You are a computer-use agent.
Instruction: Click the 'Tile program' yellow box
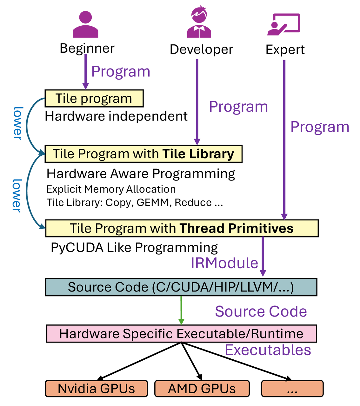[94, 98]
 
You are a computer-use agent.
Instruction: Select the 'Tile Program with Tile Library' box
[143, 154]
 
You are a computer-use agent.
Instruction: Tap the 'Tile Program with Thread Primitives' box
[182, 228]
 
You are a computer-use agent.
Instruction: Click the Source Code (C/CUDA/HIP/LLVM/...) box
[181, 287]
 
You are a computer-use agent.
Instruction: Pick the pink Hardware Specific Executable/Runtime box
[181, 334]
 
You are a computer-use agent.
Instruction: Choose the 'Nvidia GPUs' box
[96, 389]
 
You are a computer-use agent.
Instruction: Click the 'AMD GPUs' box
[202, 389]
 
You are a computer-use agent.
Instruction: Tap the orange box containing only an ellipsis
[292, 389]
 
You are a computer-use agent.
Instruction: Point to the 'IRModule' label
[224, 263]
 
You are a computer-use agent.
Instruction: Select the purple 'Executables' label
[268, 350]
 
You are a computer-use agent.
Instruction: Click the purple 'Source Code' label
[261, 311]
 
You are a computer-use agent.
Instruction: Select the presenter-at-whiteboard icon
[283, 24]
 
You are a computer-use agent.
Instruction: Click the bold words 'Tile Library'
[198, 154]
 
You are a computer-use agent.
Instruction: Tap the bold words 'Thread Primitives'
[237, 228]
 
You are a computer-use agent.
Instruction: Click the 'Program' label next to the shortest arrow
[121, 72]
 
